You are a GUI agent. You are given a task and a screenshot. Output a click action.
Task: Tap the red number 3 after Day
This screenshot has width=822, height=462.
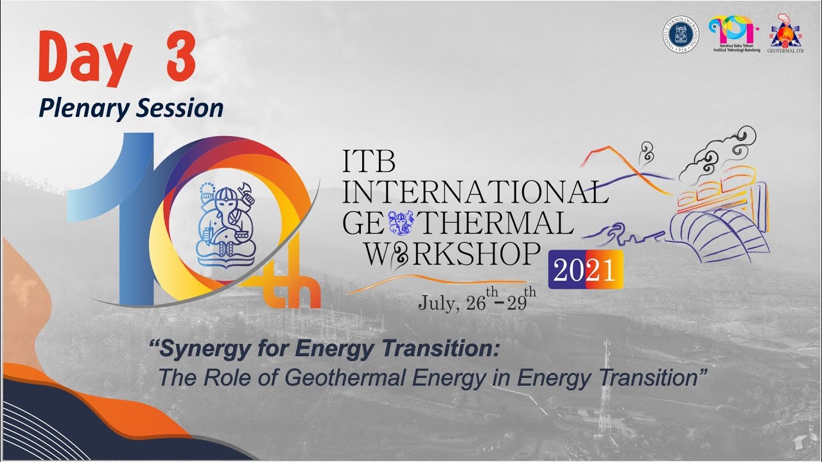click(x=175, y=56)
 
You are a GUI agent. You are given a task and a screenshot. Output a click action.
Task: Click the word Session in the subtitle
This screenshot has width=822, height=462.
click(x=179, y=108)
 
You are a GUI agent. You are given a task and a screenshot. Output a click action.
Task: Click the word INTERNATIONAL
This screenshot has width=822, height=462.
click(x=475, y=193)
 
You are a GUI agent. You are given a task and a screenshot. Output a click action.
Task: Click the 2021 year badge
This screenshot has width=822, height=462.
click(x=585, y=271)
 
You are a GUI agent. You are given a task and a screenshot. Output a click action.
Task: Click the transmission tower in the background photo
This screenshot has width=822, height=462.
click(x=605, y=391)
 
